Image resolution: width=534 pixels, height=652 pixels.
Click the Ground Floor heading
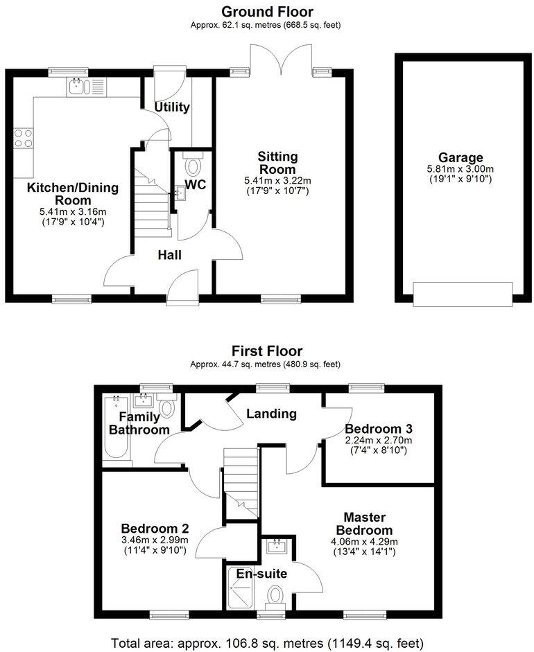tap(266, 12)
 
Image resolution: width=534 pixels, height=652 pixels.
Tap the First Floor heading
tap(266, 351)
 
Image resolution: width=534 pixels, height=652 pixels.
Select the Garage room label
tap(460, 157)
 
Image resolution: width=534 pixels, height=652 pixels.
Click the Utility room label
tap(172, 107)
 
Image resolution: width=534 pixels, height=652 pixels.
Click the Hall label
tap(169, 255)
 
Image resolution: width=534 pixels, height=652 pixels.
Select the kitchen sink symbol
tap(84, 87)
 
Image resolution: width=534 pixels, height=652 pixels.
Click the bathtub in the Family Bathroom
tap(113, 430)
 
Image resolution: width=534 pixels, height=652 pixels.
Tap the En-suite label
tap(262, 573)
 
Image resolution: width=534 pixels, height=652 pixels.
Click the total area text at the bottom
tap(266, 642)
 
